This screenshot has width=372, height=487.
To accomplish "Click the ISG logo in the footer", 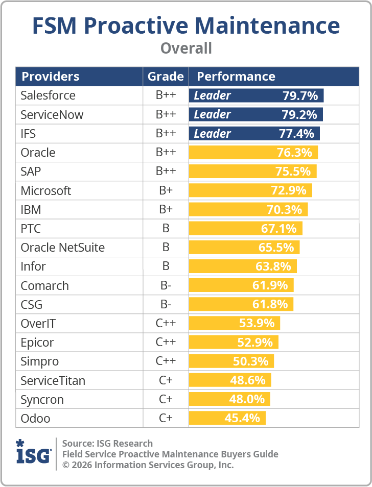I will pos(33,451).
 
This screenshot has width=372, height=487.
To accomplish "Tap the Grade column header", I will pos(166,77).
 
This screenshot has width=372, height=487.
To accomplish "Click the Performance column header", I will pos(236,77).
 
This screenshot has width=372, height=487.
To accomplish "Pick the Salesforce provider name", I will pos(48,95).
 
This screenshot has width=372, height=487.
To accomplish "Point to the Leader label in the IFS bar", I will pos(212,134).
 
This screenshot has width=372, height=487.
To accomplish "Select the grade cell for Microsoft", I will pos(166,191).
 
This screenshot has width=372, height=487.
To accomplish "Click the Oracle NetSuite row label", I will pos(62,248).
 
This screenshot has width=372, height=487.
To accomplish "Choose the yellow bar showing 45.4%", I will pos(227,419).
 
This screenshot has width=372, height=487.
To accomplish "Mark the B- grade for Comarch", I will pos(166,286).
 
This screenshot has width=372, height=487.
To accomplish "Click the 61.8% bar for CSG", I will pos(241,305).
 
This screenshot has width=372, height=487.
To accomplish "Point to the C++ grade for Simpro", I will pos(166,361).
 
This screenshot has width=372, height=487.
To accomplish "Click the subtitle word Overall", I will pos(186,48).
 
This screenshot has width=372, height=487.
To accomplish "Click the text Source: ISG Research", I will pos(107,443).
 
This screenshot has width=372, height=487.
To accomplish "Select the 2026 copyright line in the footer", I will pos(148,465).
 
